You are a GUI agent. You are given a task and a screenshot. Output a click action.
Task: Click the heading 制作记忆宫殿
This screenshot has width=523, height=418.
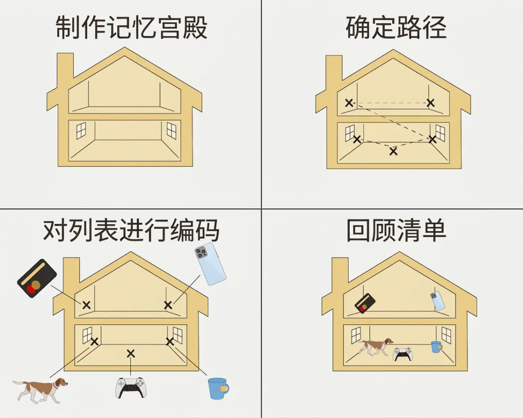point(132,28)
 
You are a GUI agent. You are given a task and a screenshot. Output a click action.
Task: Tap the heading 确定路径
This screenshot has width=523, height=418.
point(396,28)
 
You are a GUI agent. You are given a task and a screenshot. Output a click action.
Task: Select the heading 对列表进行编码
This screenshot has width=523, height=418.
point(131,231)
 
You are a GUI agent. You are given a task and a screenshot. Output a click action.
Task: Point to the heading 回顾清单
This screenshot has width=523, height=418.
point(396,231)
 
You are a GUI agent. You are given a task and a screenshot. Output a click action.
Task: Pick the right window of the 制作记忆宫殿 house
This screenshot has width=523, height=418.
point(171,130)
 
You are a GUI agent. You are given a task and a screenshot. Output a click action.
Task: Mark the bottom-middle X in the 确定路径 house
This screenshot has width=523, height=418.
point(393,151)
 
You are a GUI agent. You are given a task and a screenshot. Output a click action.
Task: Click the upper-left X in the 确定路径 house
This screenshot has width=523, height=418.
point(349,103)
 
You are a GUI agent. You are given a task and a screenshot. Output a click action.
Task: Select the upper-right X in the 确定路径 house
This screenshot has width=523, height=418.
point(430,103)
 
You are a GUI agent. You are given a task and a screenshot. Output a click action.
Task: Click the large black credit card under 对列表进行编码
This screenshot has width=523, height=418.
point(37,279)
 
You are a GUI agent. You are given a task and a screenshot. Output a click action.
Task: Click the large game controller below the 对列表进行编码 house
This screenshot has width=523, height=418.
point(130,387)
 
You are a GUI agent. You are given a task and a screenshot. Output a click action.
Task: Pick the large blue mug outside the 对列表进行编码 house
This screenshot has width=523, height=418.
point(217,388)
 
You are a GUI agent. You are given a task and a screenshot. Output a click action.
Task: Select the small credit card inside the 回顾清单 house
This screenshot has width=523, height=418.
point(365,303)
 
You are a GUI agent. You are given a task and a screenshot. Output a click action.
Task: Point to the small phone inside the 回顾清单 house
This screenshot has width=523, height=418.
point(437,301)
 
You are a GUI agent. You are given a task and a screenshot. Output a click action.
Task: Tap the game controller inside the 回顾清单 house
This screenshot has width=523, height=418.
point(403,354)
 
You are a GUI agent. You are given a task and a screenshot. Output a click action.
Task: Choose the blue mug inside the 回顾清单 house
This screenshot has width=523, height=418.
point(436,347)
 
